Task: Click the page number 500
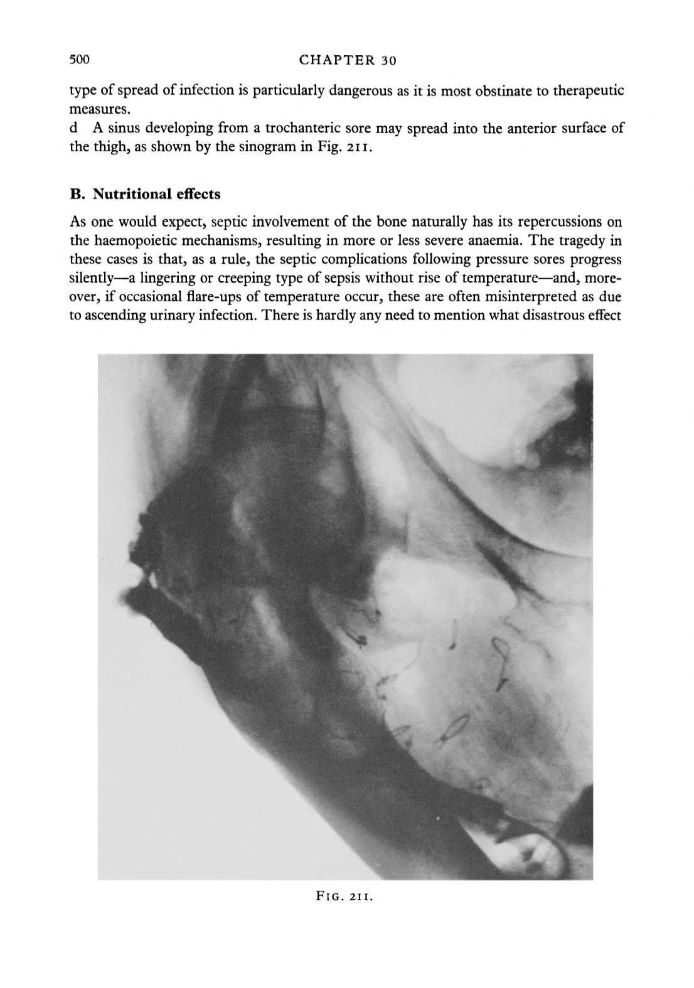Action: pos(80,60)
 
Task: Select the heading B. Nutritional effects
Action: pos(145,194)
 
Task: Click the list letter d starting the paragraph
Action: pos(73,129)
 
